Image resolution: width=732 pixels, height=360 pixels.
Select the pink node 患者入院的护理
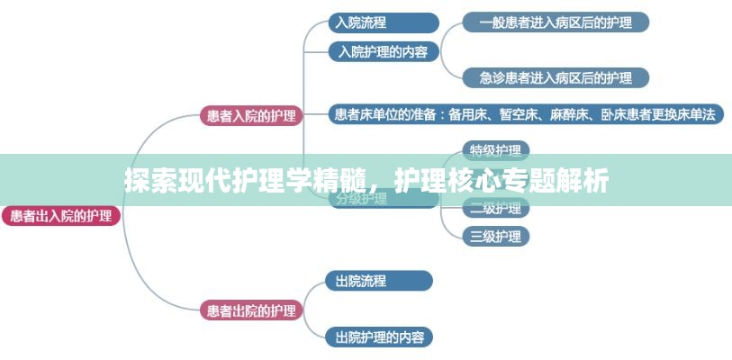(250, 115)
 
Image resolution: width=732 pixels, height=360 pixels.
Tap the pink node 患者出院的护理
(250, 311)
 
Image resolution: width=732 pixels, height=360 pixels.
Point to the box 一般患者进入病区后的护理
(556, 22)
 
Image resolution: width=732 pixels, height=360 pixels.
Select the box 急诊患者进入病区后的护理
(556, 77)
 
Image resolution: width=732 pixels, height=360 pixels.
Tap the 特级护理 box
(495, 150)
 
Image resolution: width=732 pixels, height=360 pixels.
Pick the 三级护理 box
(495, 237)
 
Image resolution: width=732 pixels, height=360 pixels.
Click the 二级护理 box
(495, 209)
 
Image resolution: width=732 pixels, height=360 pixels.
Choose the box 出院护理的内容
(378, 337)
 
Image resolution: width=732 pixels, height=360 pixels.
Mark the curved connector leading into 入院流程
(312, 29)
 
